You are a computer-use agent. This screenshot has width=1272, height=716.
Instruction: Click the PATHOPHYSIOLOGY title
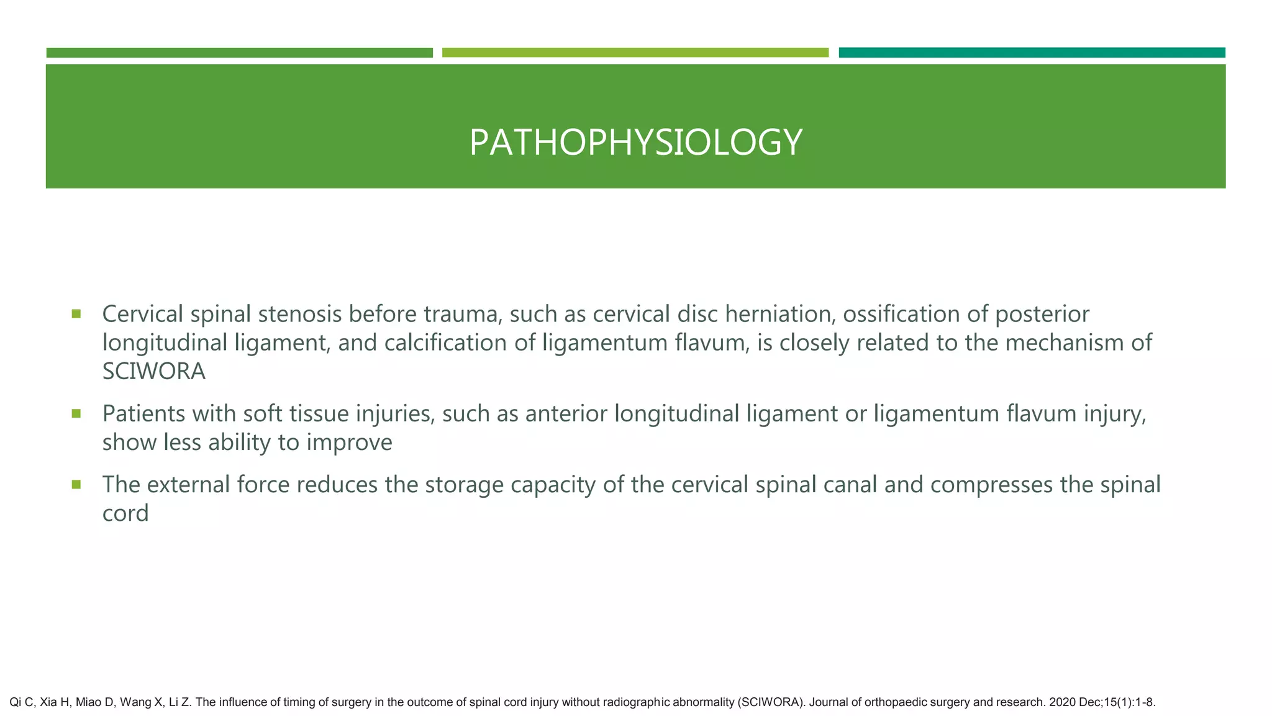coord(635,142)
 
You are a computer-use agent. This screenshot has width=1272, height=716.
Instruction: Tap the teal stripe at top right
coord(1032,52)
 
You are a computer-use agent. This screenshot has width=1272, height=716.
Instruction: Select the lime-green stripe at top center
coord(635,52)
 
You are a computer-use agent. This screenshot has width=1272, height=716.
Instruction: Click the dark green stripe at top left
coord(239,52)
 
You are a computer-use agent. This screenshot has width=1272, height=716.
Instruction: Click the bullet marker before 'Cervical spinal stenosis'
coord(76,314)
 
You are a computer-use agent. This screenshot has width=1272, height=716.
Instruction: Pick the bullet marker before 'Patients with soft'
coord(76,413)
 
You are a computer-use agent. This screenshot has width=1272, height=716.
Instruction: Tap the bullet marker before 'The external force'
coord(76,484)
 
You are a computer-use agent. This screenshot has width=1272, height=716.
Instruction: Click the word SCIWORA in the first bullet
coord(153,372)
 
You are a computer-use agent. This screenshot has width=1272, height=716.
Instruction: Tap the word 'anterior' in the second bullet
coord(566,414)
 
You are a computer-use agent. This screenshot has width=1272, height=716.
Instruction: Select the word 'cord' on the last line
coord(125,513)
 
